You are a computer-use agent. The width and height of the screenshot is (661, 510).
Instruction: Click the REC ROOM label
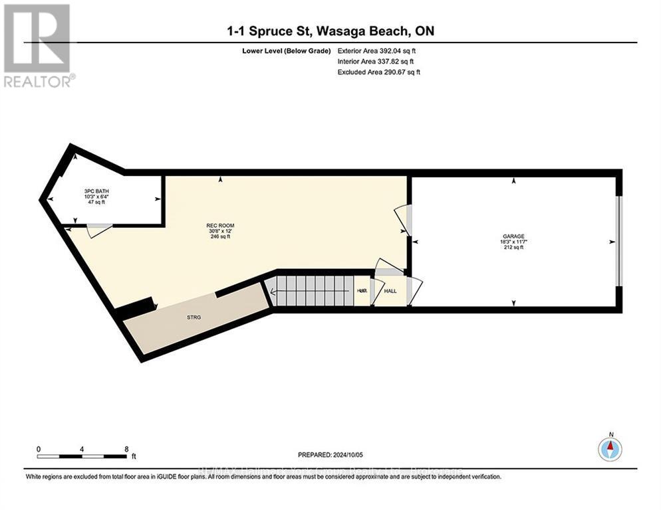point(220,225)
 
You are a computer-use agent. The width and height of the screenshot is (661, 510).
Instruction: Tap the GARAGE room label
point(513,236)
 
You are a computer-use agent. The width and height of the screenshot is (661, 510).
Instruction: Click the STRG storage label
point(194,317)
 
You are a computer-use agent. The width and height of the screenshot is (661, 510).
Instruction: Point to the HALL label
point(391,291)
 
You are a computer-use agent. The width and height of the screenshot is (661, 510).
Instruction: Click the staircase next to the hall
point(313,291)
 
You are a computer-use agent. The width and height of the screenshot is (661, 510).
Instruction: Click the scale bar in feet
point(83,456)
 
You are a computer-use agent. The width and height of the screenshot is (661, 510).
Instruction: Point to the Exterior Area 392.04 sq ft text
point(378,50)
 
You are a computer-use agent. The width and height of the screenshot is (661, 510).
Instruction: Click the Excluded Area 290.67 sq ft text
point(379,72)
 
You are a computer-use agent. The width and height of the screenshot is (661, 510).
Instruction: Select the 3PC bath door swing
point(98,230)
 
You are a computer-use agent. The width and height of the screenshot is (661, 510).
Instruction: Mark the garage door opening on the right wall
point(618,241)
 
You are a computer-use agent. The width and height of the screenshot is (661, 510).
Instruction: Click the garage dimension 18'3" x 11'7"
point(513,242)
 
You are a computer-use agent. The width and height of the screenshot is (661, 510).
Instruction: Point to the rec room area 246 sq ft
point(220,237)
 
